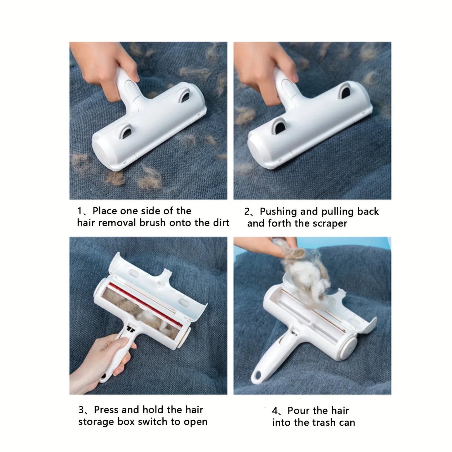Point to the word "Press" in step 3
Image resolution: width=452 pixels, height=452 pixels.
106,410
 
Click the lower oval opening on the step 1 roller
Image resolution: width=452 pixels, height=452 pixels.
127,130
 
